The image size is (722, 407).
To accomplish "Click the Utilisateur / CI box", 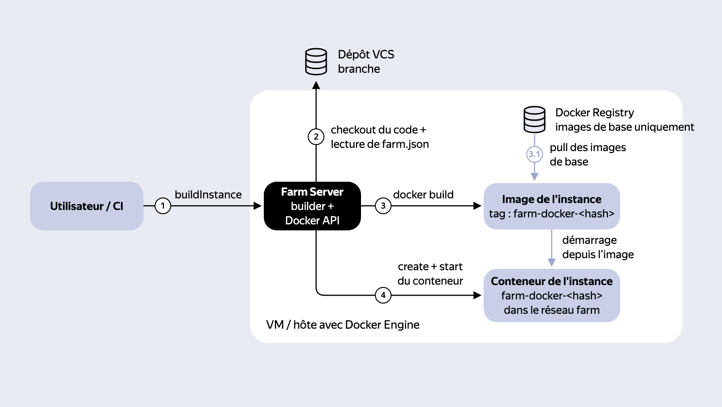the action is (87, 206).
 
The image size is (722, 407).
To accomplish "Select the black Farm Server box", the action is (312, 206).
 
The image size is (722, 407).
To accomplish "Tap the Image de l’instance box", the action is (552, 206).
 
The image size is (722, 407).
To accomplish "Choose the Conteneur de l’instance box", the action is (552, 295).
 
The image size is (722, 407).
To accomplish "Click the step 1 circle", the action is (163, 206).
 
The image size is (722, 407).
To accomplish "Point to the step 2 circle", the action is (316, 137).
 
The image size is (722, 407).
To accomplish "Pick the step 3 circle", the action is (383, 206).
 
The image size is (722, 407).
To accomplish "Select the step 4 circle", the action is (383, 295).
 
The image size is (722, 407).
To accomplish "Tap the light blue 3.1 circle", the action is (534, 154).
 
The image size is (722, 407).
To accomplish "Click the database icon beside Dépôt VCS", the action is (316, 62).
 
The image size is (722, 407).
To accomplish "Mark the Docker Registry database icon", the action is (534, 120).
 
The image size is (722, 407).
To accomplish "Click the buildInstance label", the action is (208, 195).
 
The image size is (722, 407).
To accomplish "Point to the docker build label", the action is (423, 195).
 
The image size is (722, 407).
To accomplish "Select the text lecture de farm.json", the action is (380, 144).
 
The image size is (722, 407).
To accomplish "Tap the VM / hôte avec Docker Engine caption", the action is (342, 324).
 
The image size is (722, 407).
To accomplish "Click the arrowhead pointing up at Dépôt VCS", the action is (316, 85).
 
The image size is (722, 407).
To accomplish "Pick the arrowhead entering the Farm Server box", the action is (257, 206).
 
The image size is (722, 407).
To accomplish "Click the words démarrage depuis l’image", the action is (598, 247).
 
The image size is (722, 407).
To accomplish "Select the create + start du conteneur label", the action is (430, 273).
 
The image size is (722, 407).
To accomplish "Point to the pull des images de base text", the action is (588, 155).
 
